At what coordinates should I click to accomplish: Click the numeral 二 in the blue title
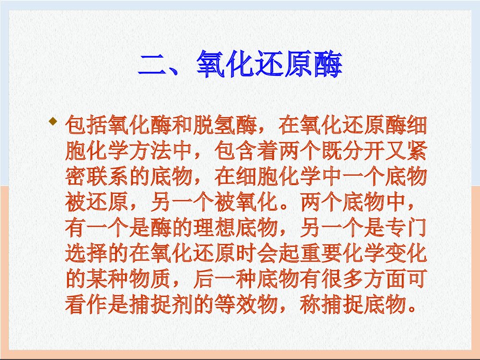[x=153, y=65]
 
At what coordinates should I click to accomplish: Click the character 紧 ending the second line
[x=415, y=152]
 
